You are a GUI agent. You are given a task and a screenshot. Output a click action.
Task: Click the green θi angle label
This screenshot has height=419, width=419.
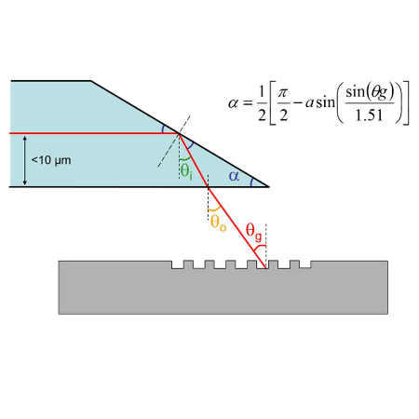(x=186, y=171)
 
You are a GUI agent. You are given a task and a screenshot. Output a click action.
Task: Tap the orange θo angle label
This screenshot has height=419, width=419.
(x=219, y=223)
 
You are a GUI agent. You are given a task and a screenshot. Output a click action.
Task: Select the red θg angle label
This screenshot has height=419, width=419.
(x=254, y=232)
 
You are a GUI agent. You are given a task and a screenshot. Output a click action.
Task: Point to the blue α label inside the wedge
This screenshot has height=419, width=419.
(x=234, y=176)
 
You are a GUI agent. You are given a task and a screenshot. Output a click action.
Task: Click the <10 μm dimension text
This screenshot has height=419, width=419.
(x=51, y=160)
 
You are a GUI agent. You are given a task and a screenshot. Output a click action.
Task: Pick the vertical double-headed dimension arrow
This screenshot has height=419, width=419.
(x=25, y=160)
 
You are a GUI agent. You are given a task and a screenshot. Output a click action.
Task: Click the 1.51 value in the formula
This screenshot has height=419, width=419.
(x=369, y=115)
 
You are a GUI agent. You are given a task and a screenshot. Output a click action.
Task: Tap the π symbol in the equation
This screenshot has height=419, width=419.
(x=283, y=93)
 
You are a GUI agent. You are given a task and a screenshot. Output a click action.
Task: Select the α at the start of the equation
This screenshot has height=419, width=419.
(x=234, y=103)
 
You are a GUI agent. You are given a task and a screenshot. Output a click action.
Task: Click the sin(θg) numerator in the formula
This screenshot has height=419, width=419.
(x=370, y=92)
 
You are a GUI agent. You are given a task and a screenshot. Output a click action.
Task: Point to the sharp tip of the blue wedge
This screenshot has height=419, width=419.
(x=269, y=187)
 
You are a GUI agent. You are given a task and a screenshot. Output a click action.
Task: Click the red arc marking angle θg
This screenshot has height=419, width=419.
(x=260, y=248)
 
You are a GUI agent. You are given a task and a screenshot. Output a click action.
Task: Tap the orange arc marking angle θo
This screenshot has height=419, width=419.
(x=215, y=209)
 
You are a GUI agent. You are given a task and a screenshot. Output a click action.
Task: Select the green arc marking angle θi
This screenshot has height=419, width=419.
(x=185, y=159)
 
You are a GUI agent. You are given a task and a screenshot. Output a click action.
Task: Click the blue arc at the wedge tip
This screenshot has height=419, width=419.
(x=251, y=182)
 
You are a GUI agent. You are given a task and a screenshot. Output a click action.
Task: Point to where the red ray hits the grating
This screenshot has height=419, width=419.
(x=265, y=268)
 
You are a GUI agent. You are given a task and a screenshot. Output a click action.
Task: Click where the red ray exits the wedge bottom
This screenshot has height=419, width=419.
(x=208, y=187)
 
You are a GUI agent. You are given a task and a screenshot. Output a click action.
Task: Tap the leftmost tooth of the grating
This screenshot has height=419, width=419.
(x=188, y=264)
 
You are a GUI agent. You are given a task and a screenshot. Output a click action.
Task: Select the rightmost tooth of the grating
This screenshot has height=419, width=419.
(x=294, y=264)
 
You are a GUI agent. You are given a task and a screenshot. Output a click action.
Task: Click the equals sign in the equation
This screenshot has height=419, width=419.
(x=248, y=103)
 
